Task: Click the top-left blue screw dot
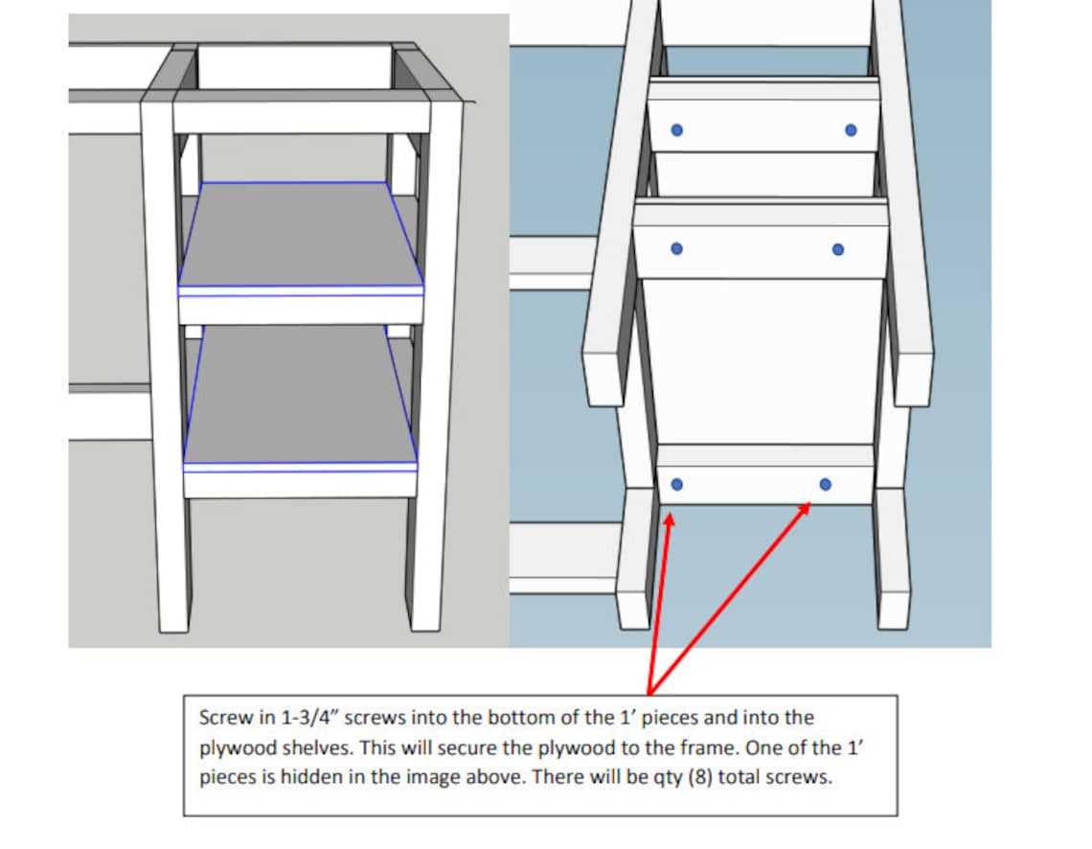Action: point(676,130)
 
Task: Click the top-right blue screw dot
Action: point(851,130)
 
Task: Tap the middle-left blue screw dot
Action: point(676,248)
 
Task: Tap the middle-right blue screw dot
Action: point(838,249)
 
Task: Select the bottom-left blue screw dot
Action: point(677,485)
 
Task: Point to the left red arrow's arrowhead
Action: point(669,518)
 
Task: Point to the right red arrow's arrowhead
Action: point(807,505)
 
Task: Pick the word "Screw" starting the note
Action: point(219,717)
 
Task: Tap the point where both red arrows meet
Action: point(649,693)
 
